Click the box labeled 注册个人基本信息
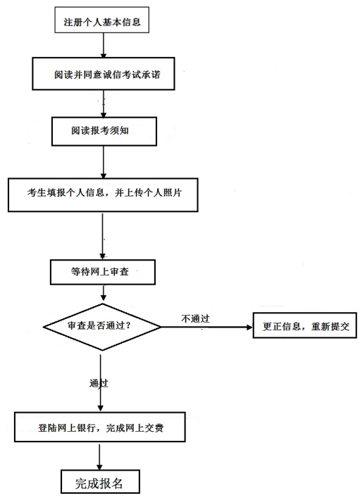(102, 20)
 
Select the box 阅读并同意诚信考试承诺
(104, 74)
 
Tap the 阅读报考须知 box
(104, 131)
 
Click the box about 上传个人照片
(103, 194)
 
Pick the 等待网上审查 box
(103, 272)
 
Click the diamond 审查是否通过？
(102, 327)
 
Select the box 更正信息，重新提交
(305, 325)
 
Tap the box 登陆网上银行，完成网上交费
(100, 427)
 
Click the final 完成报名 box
(100, 482)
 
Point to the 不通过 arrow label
(195, 318)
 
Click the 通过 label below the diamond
(99, 383)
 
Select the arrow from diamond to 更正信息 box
(207, 327)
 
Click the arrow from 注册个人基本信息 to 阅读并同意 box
(104, 45)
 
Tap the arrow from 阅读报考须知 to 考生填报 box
(104, 162)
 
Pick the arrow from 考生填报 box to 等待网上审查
(102, 236)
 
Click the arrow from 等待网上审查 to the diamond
(104, 293)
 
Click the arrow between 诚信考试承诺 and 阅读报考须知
(104, 104)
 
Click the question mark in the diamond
(128, 326)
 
